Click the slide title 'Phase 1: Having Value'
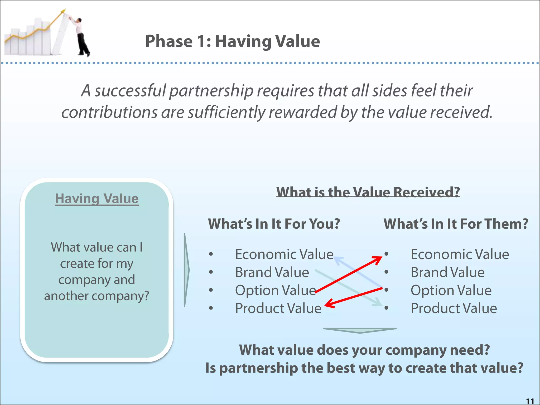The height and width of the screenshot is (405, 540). point(232,41)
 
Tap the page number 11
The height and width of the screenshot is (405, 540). point(530,401)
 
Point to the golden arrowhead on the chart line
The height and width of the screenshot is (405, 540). point(63,11)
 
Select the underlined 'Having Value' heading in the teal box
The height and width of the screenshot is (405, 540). point(97,199)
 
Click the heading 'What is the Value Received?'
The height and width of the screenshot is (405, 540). point(368,192)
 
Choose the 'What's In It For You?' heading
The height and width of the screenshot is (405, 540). point(274,224)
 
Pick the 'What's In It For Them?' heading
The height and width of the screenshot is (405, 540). point(456,224)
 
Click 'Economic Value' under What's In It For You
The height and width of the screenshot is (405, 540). point(284,254)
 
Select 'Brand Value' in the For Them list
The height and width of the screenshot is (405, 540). point(447,272)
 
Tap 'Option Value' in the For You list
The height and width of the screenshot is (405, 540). point(275,290)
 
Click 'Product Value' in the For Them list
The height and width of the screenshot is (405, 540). point(454,308)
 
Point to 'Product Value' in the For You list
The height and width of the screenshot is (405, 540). point(278,308)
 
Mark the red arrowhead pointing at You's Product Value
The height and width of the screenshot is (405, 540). point(329,305)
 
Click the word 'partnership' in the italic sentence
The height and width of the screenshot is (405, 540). point(211,90)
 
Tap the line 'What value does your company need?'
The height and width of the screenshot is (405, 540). point(364,350)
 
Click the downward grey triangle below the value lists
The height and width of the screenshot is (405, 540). point(360,330)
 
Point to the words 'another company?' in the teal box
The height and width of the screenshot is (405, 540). point(97,296)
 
